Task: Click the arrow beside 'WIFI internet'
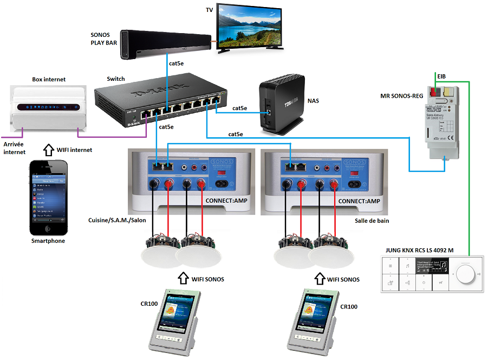click(x=47, y=150)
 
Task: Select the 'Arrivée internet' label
click(x=15, y=148)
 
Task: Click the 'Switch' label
click(x=116, y=79)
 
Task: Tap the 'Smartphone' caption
click(x=48, y=240)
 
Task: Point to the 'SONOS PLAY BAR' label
click(x=103, y=38)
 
